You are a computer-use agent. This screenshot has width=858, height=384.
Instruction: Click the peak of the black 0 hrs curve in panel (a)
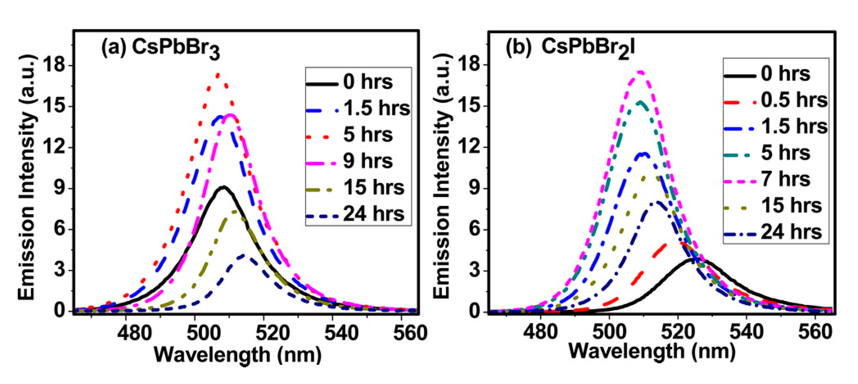(223, 187)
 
